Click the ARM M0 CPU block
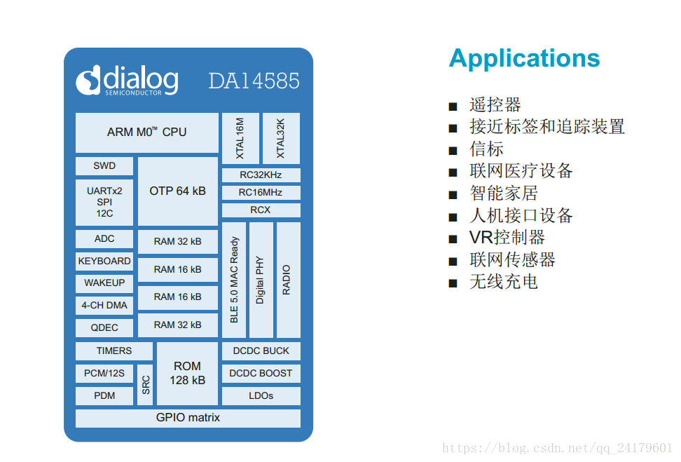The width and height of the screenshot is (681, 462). pos(146,133)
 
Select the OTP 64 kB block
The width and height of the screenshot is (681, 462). pos(177,191)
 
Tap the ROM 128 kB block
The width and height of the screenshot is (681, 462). pos(187,372)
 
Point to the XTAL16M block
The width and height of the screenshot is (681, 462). pos(240,138)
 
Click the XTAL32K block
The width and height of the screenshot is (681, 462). pos(281,138)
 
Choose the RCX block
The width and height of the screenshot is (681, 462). pos(261,210)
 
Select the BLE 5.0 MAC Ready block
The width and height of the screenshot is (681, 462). pos(234,280)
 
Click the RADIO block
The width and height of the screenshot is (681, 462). pos(287,280)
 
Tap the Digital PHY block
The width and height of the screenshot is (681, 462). pos(261,280)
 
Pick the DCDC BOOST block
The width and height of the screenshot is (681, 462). pos(261,374)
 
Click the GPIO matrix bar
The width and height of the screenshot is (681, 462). pos(188,418)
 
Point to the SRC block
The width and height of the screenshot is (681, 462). pos(145,384)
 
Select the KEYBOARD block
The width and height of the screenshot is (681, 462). pos(104,261)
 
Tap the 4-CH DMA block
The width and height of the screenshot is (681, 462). pos(104,305)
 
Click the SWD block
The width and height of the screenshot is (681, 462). pos(104,166)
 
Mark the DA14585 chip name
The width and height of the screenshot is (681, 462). pos(254,81)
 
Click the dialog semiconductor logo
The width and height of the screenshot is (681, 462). pos(127,81)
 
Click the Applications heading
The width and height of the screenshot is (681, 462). pos(524,58)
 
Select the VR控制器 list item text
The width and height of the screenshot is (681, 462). pos(507,238)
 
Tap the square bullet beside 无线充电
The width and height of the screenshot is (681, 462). pos(453,283)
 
